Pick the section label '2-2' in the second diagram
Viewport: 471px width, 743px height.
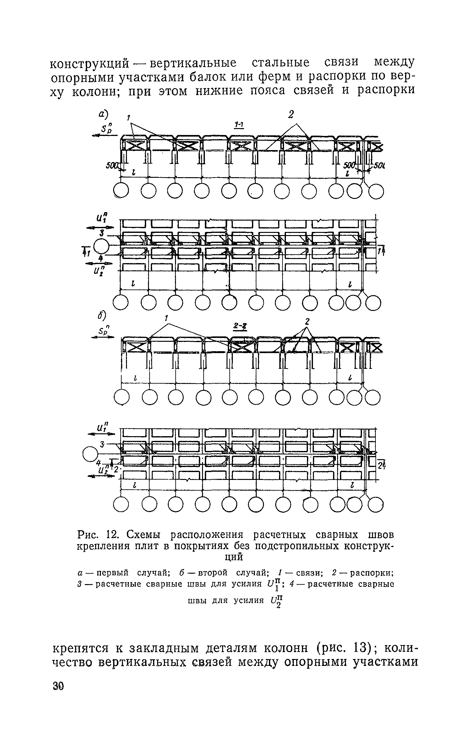pyautogui.click(x=240, y=327)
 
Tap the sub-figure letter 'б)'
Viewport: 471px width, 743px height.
pyautogui.click(x=101, y=315)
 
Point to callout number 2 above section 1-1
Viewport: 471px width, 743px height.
pyautogui.click(x=291, y=115)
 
